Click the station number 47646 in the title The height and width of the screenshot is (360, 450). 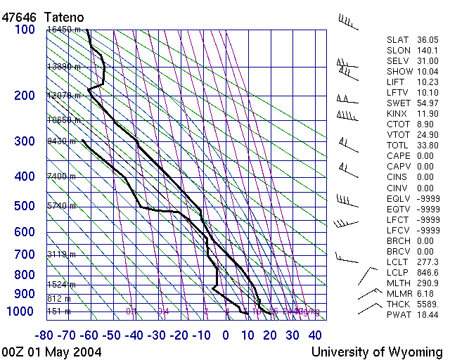click(19, 16)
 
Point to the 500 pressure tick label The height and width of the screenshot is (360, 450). click(24, 206)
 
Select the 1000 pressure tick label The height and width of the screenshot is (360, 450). click(20, 312)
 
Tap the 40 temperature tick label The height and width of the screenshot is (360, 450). click(314, 335)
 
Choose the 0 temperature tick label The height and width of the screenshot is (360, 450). click(226, 335)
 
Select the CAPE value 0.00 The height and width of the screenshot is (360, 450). click(425, 155)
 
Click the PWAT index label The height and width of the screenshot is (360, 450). click(399, 315)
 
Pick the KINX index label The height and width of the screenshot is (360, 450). click(398, 113)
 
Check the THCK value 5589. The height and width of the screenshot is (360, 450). click(427, 304)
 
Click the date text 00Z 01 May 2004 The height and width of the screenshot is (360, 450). click(51, 352)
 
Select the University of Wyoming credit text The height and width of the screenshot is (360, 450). click(377, 352)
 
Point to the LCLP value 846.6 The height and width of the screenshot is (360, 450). click(427, 272)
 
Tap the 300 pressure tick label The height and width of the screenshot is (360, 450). click(24, 141)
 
